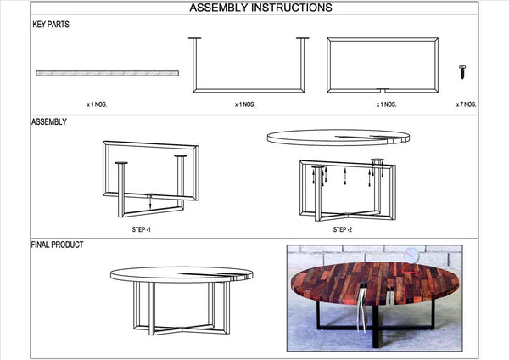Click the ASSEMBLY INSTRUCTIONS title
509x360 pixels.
click(260, 8)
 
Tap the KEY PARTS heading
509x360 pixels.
click(51, 25)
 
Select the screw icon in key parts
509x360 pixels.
click(462, 72)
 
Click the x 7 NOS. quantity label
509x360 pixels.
click(466, 104)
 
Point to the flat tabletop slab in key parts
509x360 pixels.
click(107, 73)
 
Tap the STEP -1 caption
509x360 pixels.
click(141, 229)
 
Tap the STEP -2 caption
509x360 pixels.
click(343, 229)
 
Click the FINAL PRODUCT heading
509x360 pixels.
click(57, 245)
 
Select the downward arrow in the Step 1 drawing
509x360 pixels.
click(150, 202)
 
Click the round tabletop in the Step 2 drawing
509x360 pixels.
click(338, 138)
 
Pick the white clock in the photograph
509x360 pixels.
click(411, 256)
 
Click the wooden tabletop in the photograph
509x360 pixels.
click(375, 284)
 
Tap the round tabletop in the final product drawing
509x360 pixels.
click(182, 275)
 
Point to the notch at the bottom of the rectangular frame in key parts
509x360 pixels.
click(383, 89)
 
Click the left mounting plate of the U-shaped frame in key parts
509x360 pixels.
click(195, 38)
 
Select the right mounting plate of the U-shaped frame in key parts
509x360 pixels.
click(302, 38)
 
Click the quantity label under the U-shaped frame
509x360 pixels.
click(245, 104)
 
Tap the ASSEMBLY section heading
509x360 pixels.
click(49, 122)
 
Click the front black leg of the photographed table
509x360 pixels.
click(376, 326)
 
